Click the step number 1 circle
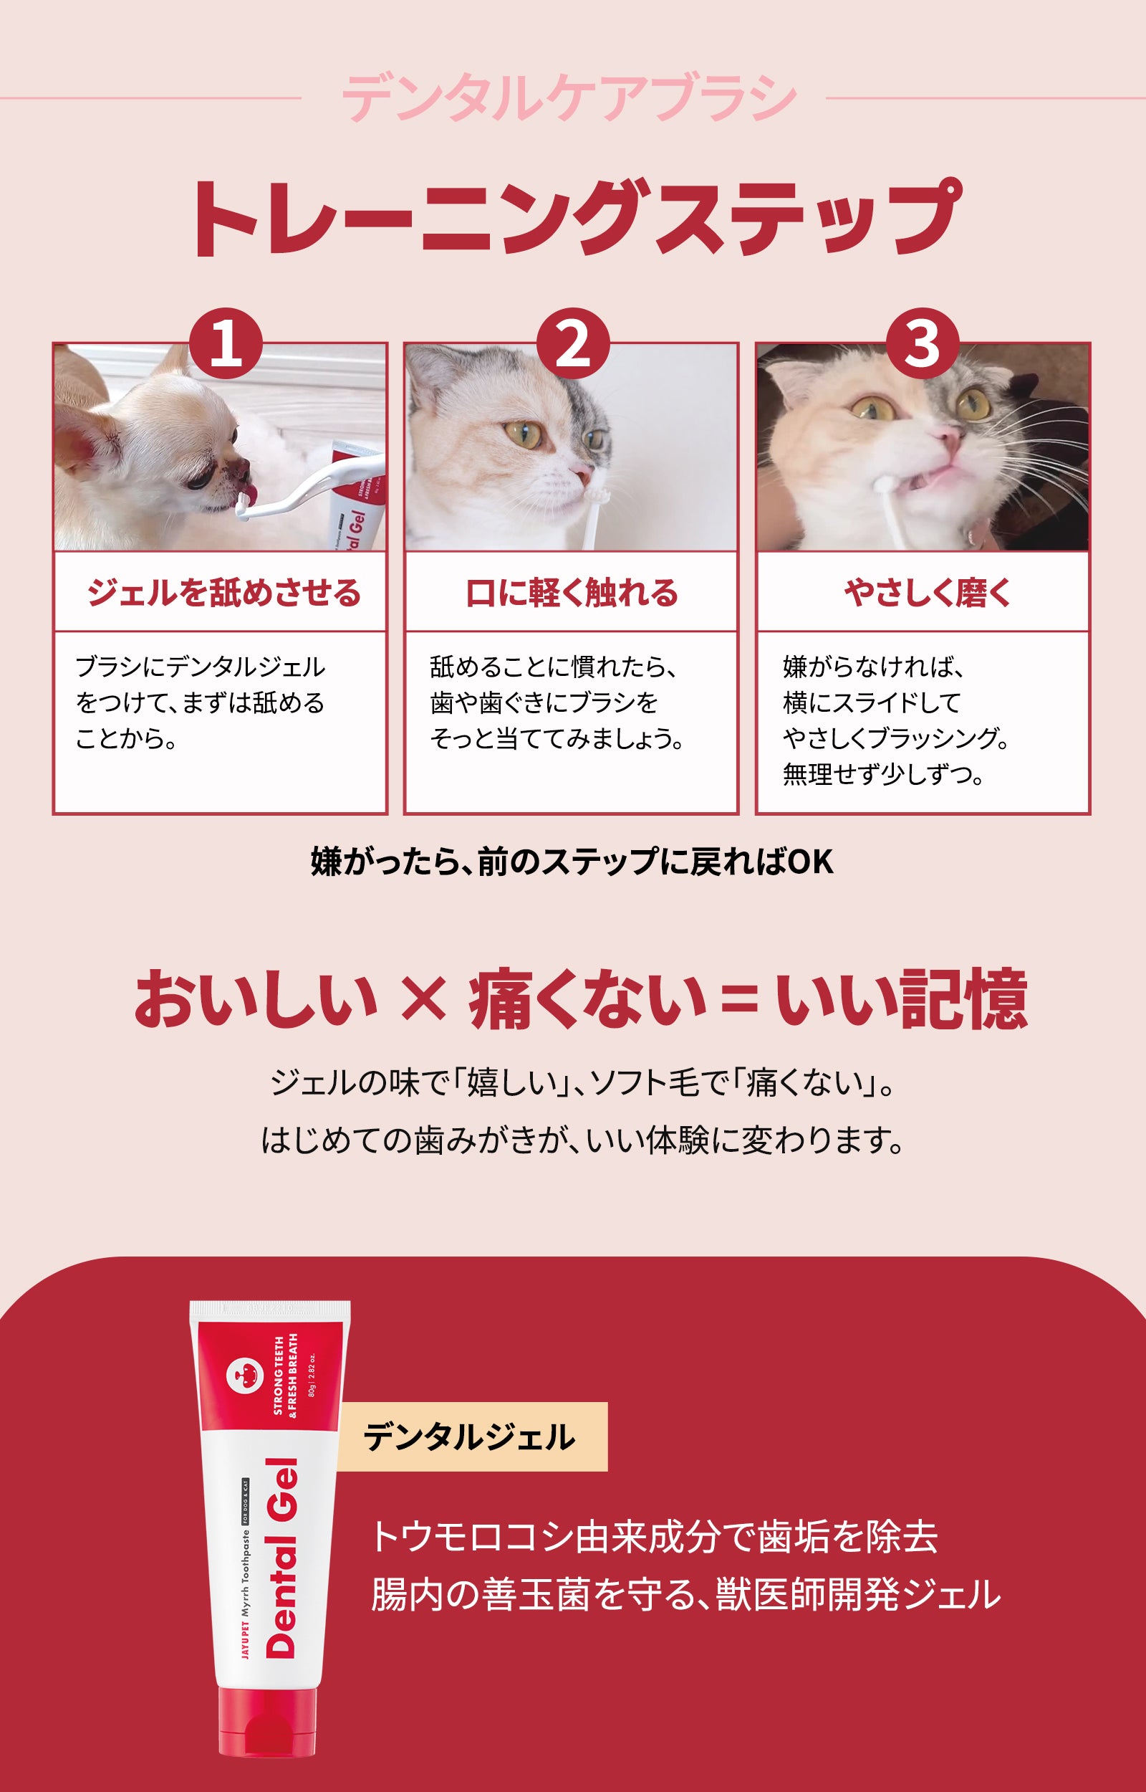pyautogui.click(x=226, y=345)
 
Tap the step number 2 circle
pyautogui.click(x=573, y=345)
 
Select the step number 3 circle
pyautogui.click(x=922, y=345)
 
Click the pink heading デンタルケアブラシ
pyautogui.click(x=569, y=98)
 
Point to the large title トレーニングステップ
pyautogui.click(x=574, y=219)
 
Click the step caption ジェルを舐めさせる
pyautogui.click(x=224, y=594)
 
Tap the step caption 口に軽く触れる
pyautogui.click(x=572, y=594)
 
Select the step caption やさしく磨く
pyautogui.click(x=928, y=594)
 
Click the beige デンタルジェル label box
pyautogui.click(x=473, y=1437)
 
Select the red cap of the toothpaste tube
pyautogui.click(x=268, y=1722)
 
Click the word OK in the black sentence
pyautogui.click(x=810, y=862)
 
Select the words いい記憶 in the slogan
pyautogui.click(x=902, y=999)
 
